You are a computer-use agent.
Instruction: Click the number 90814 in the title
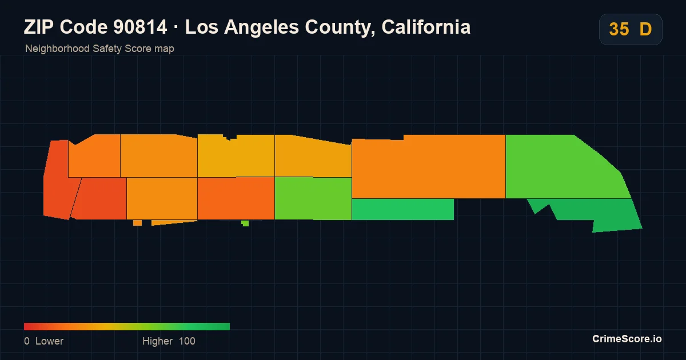(x=140, y=27)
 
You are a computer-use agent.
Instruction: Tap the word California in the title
(x=426, y=27)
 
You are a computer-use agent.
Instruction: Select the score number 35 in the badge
(x=619, y=29)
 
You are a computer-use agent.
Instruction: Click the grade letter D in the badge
(x=645, y=29)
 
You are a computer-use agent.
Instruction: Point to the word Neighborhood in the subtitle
(x=57, y=49)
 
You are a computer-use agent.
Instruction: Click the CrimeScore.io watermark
(x=627, y=339)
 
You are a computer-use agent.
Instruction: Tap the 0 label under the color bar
(x=27, y=341)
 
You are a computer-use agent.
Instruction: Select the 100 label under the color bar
(x=187, y=341)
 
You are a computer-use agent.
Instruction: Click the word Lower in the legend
(x=49, y=341)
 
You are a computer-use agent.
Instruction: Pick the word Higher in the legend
(x=157, y=341)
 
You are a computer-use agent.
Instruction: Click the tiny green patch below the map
(x=245, y=223)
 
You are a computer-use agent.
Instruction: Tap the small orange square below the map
(x=138, y=223)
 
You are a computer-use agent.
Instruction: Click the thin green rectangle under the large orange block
(x=402, y=209)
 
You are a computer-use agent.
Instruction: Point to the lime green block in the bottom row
(x=313, y=198)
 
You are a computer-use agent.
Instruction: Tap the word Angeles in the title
(x=261, y=27)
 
